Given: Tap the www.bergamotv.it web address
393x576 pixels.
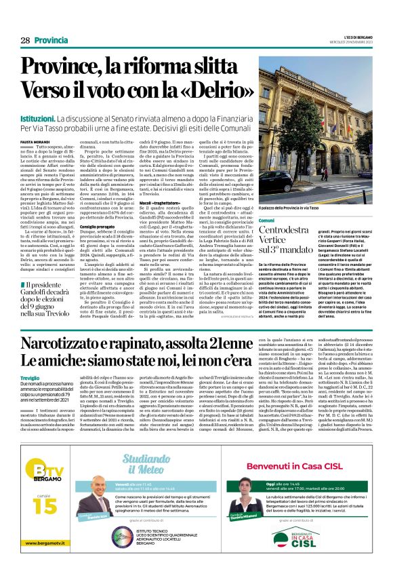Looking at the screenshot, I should pyautogui.click(x=41, y=561).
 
